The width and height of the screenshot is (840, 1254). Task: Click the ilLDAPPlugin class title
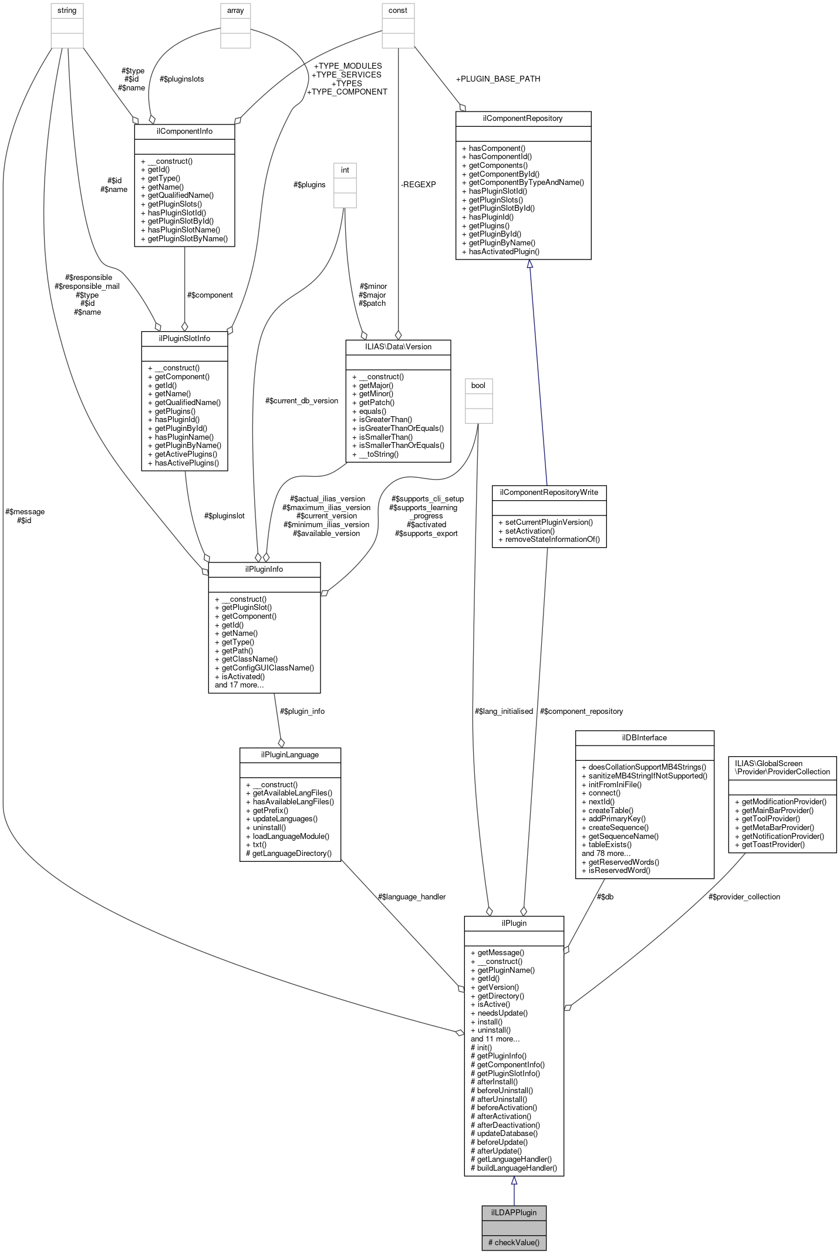pyautogui.click(x=514, y=1212)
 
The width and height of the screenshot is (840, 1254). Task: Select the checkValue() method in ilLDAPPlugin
pyautogui.click(x=514, y=1242)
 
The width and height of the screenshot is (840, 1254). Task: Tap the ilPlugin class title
pyautogui.click(x=514, y=923)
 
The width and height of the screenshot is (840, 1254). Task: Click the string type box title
pyautogui.click(x=67, y=11)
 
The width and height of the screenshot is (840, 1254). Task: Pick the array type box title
pyautogui.click(x=235, y=11)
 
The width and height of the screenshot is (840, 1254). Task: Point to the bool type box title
pyautogui.click(x=478, y=385)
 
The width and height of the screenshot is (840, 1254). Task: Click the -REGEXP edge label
pyautogui.click(x=418, y=184)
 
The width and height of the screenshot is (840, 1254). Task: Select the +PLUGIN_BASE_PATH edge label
pyautogui.click(x=498, y=79)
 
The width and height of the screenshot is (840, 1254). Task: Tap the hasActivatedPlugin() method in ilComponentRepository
pyautogui.click(x=500, y=251)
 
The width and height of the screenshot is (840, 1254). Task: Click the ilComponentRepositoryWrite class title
pyautogui.click(x=549, y=492)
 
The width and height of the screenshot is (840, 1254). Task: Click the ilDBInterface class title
pyautogui.click(x=644, y=737)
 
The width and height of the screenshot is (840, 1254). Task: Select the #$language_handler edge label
pyautogui.click(x=411, y=896)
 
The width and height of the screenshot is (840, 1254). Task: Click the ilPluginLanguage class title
pyautogui.click(x=290, y=754)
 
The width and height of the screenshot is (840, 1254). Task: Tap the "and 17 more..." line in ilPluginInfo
pyautogui.click(x=239, y=685)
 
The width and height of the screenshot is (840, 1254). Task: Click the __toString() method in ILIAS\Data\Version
pyautogui.click(x=375, y=454)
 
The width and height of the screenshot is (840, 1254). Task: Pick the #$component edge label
pyautogui.click(x=210, y=295)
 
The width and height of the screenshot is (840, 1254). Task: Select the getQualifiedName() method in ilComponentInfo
pyautogui.click(x=177, y=195)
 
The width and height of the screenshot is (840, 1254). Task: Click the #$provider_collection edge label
pyautogui.click(x=744, y=896)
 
